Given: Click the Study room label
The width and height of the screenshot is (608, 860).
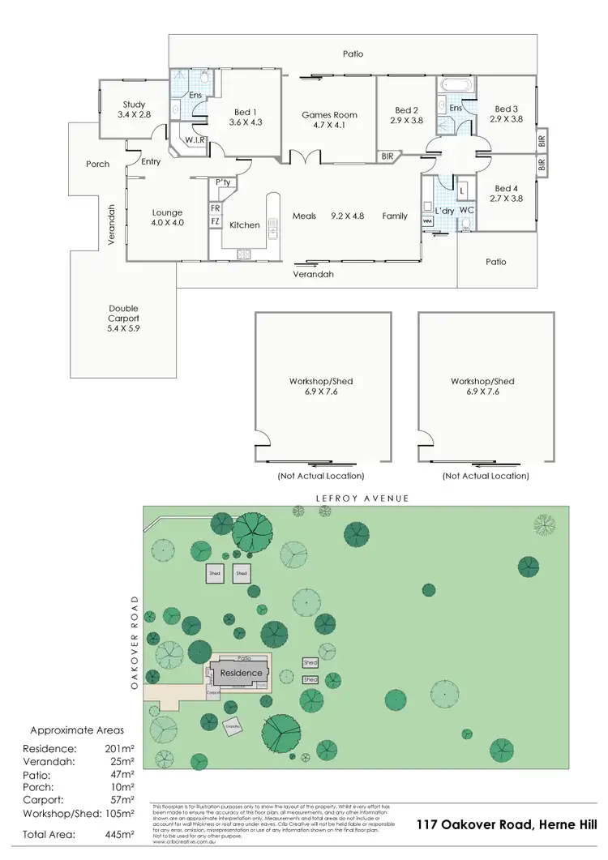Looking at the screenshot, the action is click(134, 105).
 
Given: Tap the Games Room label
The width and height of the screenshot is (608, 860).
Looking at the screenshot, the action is click(329, 115).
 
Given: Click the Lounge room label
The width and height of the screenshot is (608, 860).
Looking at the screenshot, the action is click(168, 213).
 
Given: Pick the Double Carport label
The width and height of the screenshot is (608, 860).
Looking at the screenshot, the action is click(123, 308).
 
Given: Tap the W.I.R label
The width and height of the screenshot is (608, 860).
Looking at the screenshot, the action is click(195, 140).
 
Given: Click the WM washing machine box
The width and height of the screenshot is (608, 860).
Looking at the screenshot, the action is click(428, 220).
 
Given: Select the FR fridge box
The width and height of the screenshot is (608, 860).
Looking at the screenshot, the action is click(215, 208).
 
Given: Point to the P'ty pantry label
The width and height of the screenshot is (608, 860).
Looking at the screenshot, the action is click(223, 182).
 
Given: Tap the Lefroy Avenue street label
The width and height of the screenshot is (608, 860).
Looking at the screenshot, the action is click(355, 498).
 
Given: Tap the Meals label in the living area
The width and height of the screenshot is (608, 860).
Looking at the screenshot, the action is click(305, 216).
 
